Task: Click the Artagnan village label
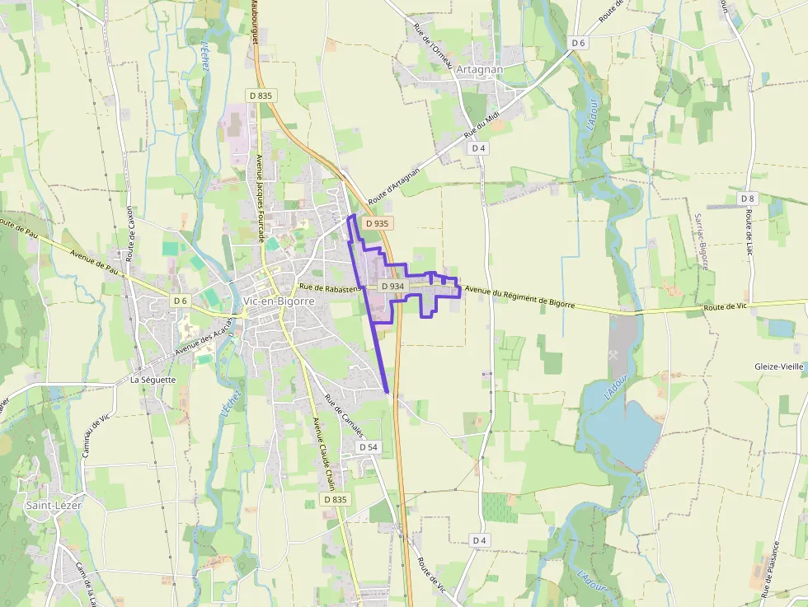click(479, 70)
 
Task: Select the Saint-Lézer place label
click(53, 505)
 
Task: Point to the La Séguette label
click(153, 380)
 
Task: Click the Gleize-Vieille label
click(778, 366)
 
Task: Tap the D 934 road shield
click(392, 286)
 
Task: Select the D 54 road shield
click(368, 446)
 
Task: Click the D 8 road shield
click(747, 198)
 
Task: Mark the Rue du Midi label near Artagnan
click(482, 126)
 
